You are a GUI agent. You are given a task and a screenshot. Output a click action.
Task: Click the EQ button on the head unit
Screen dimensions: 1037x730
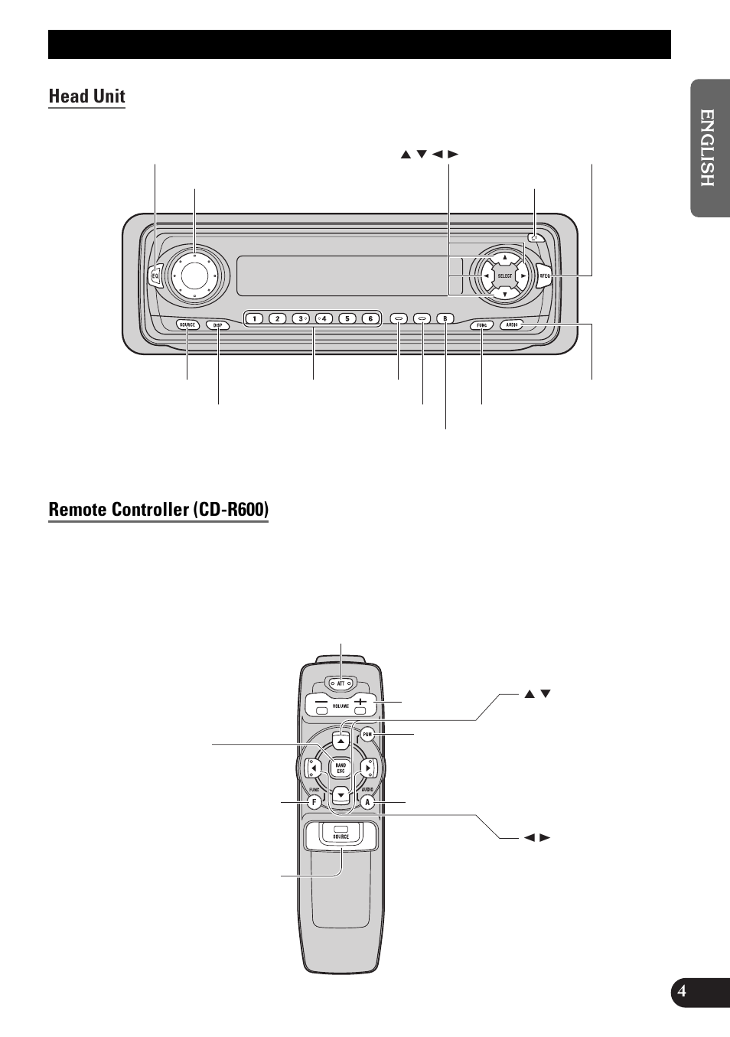[155, 276]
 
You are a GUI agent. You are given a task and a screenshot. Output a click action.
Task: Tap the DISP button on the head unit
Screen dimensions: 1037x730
[217, 324]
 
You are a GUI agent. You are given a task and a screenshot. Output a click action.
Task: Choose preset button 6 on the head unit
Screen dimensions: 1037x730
[370, 318]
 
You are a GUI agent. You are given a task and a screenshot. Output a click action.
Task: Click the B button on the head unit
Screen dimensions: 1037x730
[445, 318]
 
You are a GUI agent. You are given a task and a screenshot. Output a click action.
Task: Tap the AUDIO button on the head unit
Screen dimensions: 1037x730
[512, 324]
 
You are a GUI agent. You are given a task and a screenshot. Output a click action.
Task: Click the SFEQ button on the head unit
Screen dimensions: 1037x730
[544, 276]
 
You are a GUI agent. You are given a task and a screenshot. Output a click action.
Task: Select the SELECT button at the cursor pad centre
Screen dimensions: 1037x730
[505, 276]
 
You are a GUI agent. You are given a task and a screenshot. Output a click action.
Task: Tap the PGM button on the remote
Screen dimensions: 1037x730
[367, 735]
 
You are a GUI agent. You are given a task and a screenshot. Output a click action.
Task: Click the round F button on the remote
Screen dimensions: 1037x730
[314, 802]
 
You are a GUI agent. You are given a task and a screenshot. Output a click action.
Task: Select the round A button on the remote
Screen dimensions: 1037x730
[367, 802]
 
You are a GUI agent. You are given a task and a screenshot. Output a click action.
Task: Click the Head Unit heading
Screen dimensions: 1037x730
[86, 96]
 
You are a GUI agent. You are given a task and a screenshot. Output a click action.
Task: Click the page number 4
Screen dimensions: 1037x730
[682, 992]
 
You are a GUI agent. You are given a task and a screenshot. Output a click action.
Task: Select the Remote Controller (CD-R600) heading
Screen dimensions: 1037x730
[158, 510]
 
